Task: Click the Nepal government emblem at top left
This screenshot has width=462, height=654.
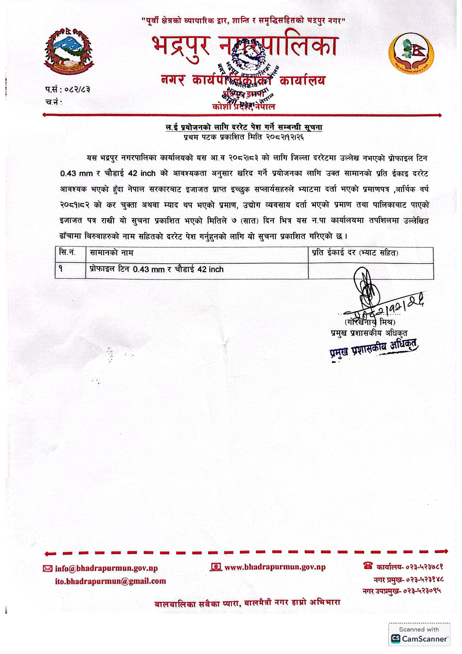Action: pos(69,50)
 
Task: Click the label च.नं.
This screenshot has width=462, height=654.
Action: pos(53,101)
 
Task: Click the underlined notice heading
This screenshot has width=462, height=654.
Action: pos(244,127)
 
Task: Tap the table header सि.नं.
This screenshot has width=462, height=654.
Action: pos(67,253)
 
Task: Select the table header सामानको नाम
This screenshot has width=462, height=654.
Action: pos(111,253)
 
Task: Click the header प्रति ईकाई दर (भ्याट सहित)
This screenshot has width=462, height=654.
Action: pos(355,253)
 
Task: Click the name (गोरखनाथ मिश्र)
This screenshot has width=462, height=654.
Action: pos(370,322)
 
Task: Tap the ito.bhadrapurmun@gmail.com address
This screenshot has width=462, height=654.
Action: pos(111,581)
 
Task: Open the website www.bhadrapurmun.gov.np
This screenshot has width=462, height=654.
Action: pos(275,567)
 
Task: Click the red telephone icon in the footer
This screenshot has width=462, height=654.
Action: pos(368,566)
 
